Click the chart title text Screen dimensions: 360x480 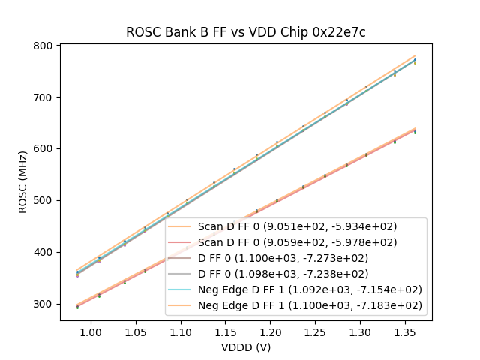(x=245, y=32)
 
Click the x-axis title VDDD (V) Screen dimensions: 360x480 (x=245, y=347)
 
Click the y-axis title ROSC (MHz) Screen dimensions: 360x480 (x=23, y=183)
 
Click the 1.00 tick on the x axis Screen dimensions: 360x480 (x=91, y=331)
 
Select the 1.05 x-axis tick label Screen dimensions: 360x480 (x=136, y=331)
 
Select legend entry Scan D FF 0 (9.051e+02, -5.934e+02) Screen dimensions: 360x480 (x=297, y=226)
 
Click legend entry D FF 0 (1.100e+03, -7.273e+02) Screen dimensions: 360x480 (x=297, y=258)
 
